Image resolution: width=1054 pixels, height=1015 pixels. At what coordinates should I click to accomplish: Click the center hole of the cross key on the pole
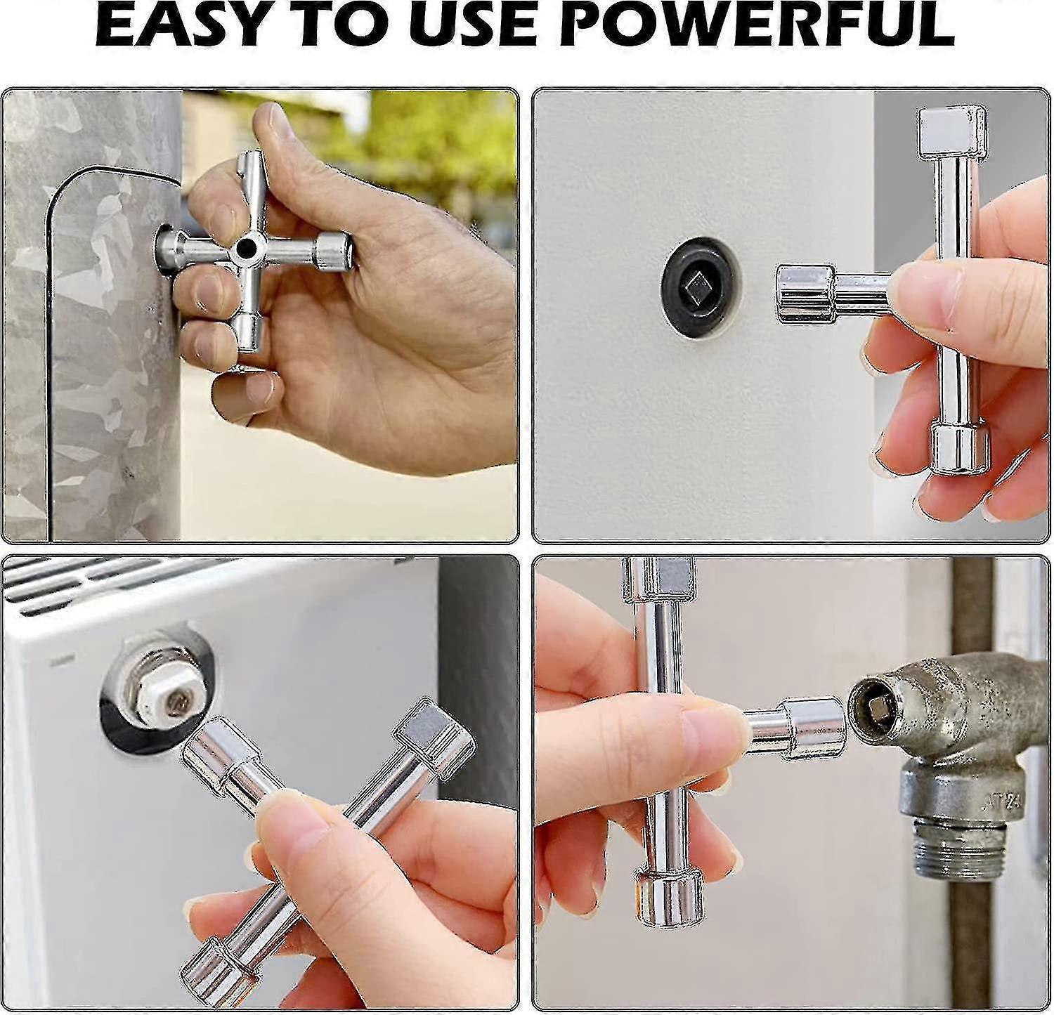[246, 247]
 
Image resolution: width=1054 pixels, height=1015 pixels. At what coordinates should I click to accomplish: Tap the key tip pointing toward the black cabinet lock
[805, 294]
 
